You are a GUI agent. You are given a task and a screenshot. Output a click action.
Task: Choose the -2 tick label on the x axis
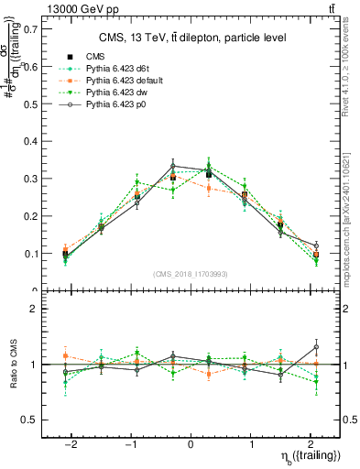coord(72,442)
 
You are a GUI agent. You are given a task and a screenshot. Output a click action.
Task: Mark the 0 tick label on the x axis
coord(190,442)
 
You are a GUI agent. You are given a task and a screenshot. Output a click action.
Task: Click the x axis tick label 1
coord(250,442)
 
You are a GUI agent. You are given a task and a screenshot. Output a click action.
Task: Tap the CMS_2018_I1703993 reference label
coord(190,274)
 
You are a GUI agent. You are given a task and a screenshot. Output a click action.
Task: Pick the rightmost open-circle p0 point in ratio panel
coord(316,347)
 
